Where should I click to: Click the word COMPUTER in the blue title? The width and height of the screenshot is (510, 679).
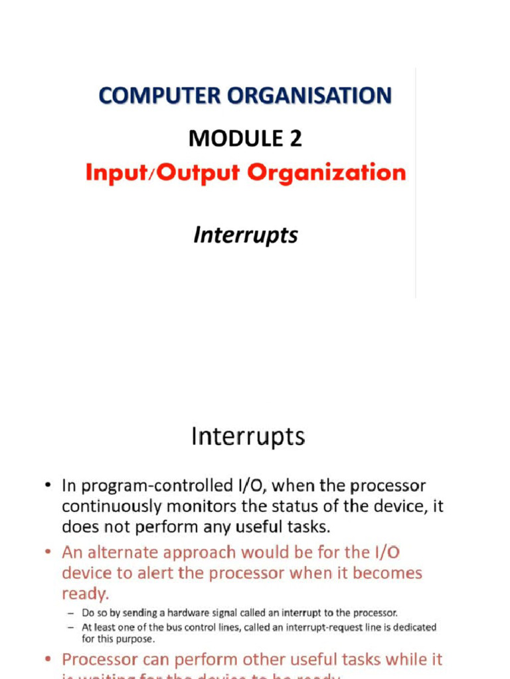[x=160, y=95]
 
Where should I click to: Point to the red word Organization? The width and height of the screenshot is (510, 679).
[x=327, y=172]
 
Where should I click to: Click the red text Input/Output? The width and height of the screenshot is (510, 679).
[x=163, y=172]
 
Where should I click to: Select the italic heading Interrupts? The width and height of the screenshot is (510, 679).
[x=246, y=235]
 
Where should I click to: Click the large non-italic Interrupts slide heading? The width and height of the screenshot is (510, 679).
[x=248, y=437]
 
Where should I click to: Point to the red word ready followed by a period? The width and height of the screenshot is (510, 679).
[x=84, y=593]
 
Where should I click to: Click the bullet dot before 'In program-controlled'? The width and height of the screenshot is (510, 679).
[x=48, y=487]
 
